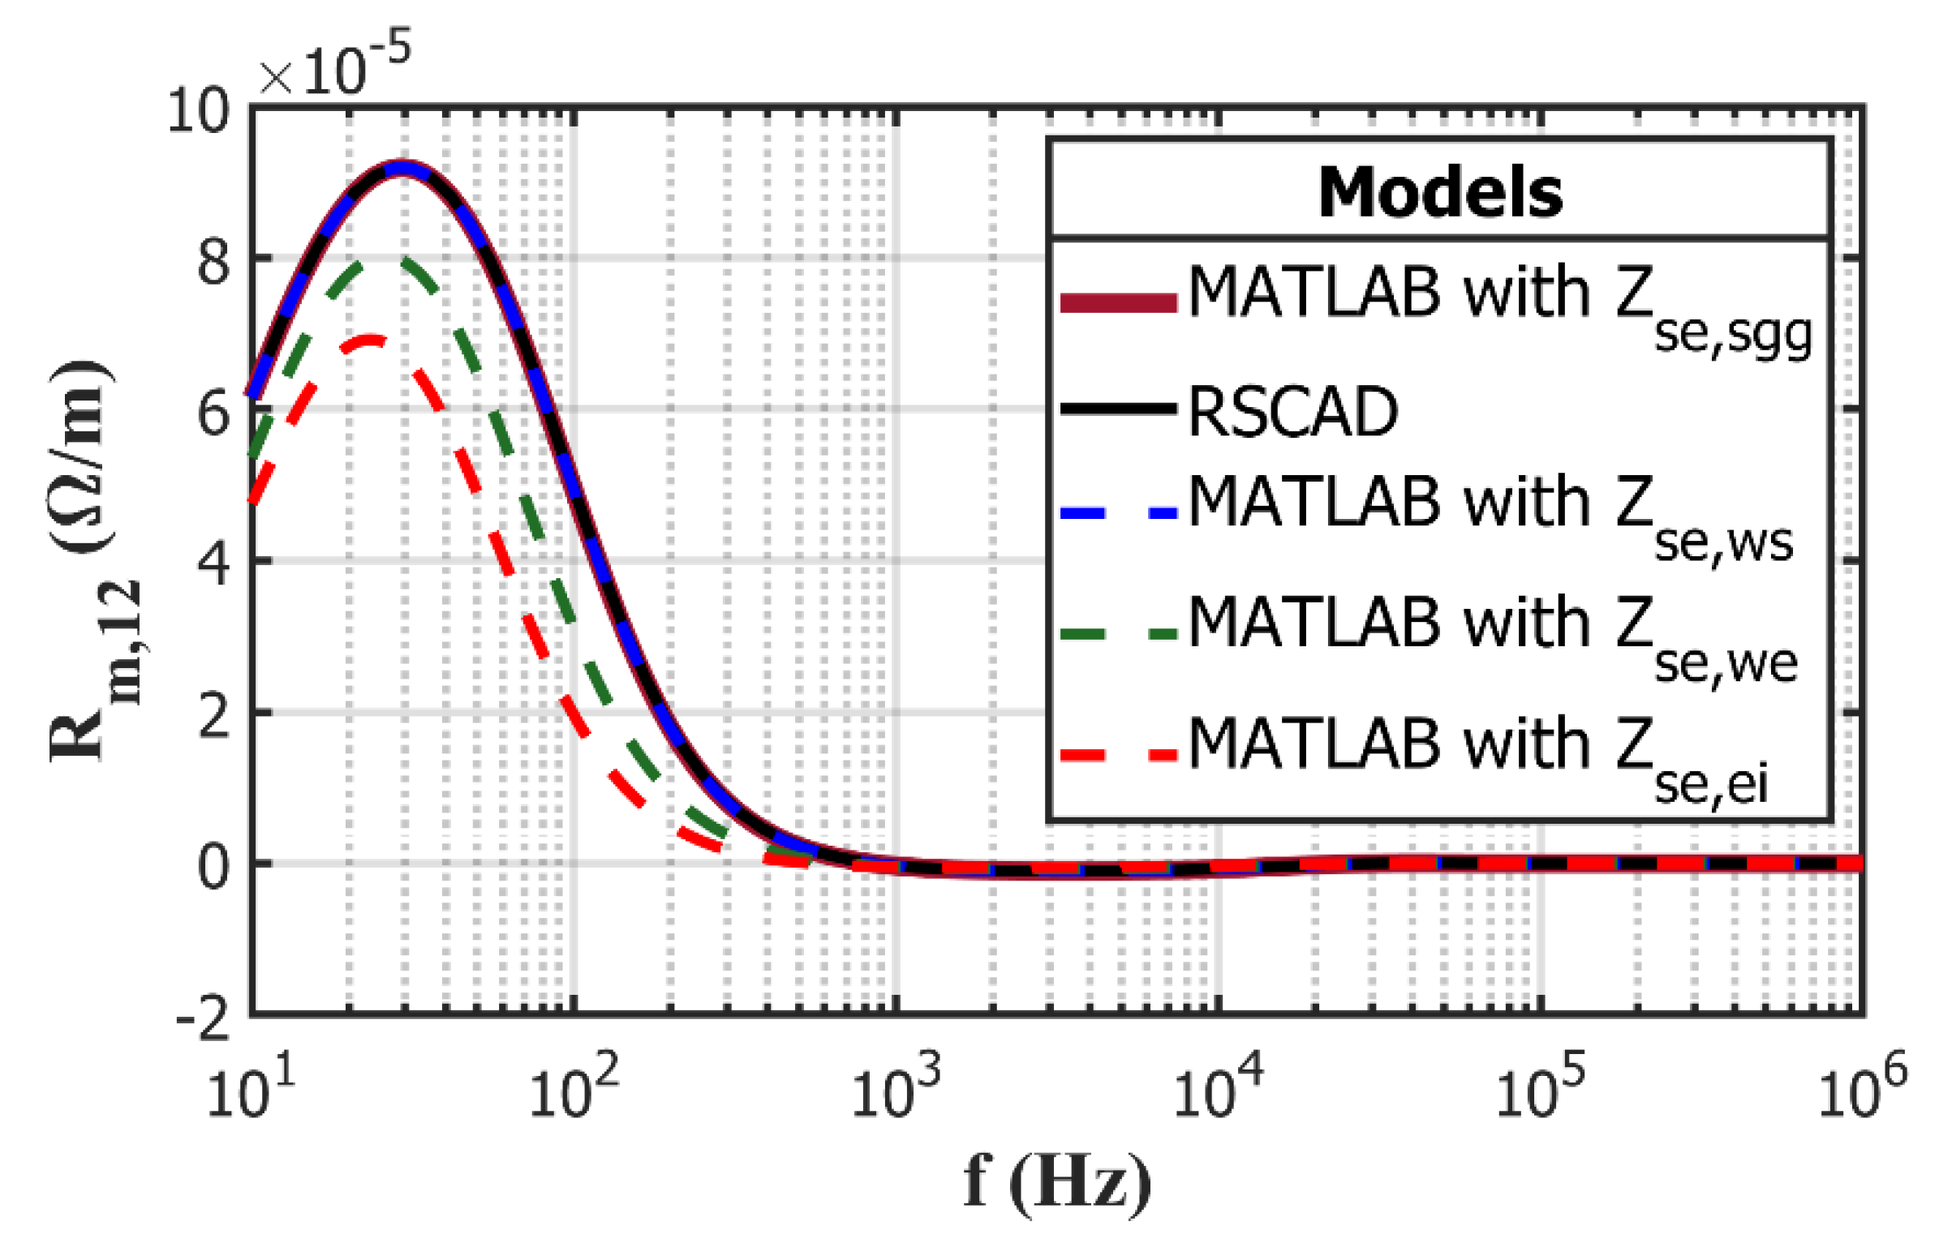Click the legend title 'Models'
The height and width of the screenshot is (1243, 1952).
(x=1439, y=193)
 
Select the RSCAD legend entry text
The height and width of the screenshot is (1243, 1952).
(x=1293, y=412)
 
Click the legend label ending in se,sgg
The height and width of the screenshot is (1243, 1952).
(x=1500, y=308)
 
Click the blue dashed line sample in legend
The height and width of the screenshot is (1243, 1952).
(x=1119, y=512)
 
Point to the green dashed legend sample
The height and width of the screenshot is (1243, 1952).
(x=1119, y=633)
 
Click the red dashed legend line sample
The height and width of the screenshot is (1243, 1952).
(x=1119, y=755)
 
